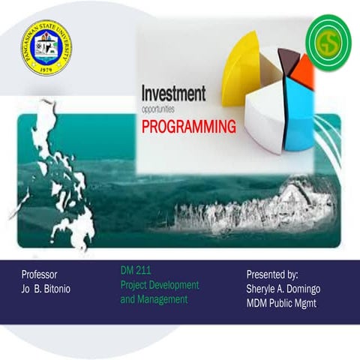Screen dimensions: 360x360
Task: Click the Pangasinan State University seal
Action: [46, 47]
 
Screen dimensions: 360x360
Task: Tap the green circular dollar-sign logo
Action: [328, 43]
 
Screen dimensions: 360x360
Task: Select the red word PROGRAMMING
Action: [188, 124]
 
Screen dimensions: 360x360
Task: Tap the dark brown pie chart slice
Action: [287, 58]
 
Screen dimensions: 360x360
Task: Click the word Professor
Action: [40, 274]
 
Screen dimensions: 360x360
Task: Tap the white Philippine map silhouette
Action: [64, 180]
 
